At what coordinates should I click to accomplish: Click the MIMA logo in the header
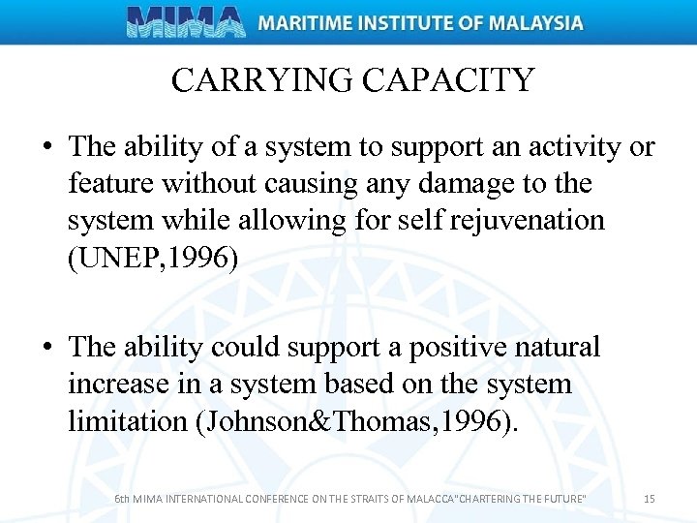point(186,21)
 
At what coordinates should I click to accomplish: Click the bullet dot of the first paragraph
point(46,148)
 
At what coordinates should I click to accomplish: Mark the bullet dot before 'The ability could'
point(46,348)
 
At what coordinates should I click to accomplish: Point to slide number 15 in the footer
point(650,499)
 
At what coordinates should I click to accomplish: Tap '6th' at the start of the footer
point(122,499)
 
